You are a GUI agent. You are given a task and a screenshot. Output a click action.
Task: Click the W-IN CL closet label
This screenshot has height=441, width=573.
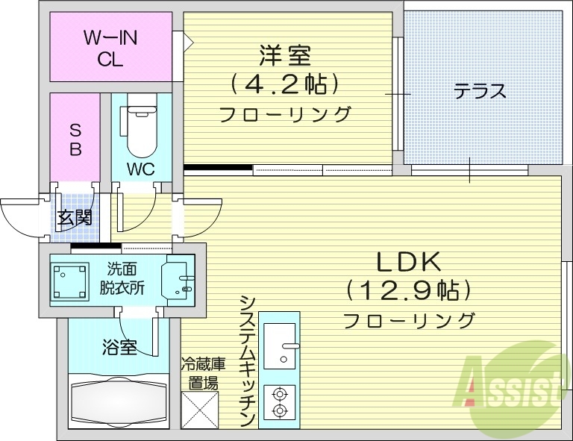(110, 48)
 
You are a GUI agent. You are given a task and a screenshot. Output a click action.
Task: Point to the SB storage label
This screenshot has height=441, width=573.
(75, 138)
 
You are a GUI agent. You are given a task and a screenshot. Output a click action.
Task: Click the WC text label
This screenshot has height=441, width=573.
(140, 169)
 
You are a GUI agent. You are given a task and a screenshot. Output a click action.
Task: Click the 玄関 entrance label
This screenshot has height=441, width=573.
(75, 218)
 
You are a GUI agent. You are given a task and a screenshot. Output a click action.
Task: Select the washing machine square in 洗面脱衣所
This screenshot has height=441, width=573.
(70, 280)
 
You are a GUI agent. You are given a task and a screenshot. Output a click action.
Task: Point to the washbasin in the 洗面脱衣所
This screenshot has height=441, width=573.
(178, 280)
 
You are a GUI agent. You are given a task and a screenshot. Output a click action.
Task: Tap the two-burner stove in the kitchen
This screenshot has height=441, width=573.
(279, 404)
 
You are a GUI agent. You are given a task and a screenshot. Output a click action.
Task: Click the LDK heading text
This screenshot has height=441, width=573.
(408, 262)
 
